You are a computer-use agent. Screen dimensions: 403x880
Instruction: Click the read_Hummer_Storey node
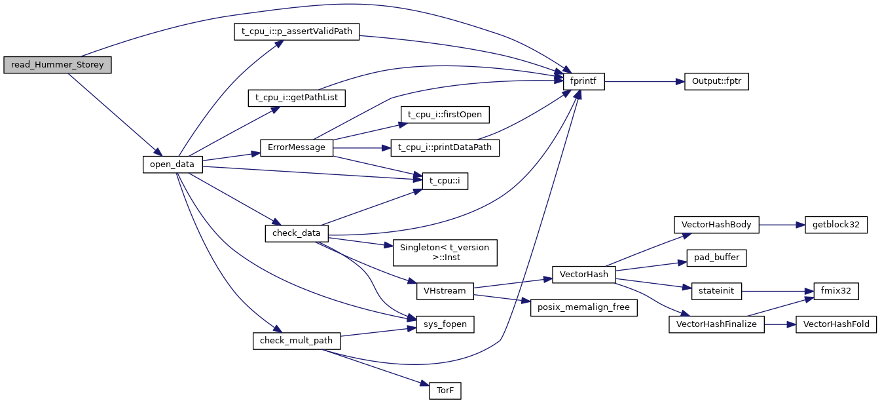tap(58, 65)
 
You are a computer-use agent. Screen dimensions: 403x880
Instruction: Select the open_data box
tap(172, 164)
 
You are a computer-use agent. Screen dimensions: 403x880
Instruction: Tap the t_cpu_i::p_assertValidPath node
tap(297, 32)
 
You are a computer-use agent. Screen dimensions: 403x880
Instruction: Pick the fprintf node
tap(584, 82)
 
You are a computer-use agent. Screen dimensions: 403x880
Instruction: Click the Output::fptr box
tap(716, 82)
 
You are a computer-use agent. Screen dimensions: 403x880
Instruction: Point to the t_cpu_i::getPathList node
tap(297, 98)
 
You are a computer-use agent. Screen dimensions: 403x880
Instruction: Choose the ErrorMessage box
tap(297, 147)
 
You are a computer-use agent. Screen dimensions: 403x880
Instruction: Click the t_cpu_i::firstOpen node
tap(445, 114)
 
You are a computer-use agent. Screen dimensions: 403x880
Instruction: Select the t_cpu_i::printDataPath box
tap(445, 147)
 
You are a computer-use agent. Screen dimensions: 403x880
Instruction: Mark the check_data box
tap(297, 233)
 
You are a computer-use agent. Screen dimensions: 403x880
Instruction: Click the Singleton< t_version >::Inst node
tap(445, 252)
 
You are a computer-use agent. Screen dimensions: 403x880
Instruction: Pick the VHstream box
tap(445, 291)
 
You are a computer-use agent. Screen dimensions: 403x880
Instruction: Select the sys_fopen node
tap(445, 324)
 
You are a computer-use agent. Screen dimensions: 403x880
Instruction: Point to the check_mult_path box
tap(297, 341)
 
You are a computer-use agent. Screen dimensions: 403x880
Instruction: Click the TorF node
tap(445, 391)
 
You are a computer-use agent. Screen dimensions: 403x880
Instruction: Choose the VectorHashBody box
tap(716, 225)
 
